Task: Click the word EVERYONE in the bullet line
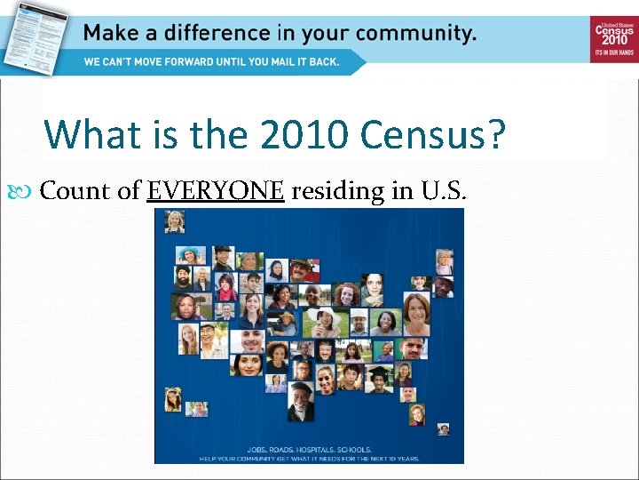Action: tap(216, 191)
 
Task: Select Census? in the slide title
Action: tap(434, 135)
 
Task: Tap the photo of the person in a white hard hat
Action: tap(359, 320)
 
